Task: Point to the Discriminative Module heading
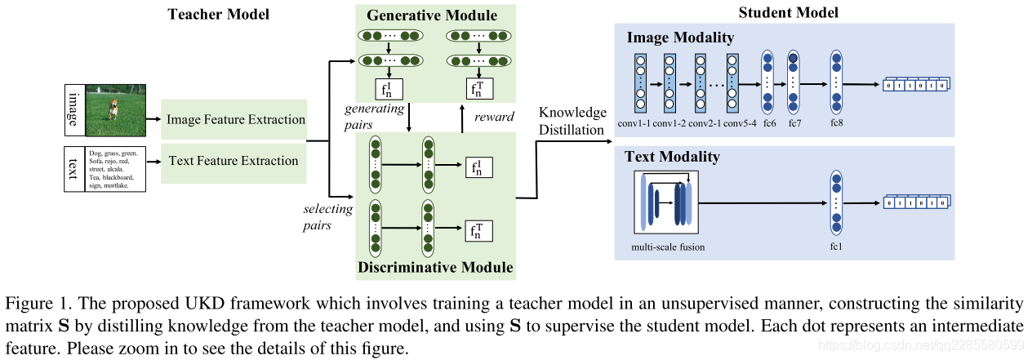(434, 267)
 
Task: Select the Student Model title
(788, 13)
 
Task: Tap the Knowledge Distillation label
(572, 121)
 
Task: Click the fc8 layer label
(835, 124)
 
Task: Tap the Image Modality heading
(680, 38)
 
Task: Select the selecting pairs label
(327, 216)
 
